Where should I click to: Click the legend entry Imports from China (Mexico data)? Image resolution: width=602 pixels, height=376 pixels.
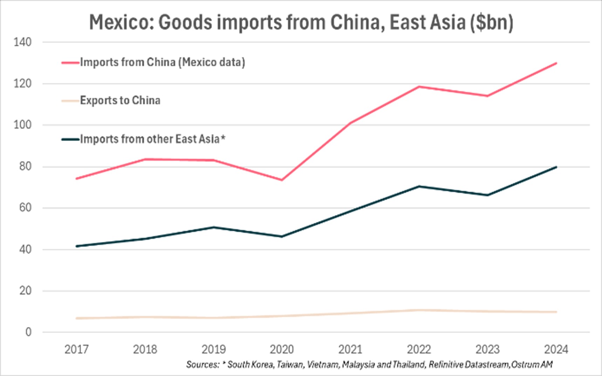(x=162, y=62)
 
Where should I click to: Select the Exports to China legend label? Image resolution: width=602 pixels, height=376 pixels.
(x=120, y=101)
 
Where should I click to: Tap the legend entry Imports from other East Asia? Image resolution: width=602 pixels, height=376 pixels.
(x=152, y=139)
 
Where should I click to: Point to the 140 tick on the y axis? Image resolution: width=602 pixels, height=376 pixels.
(x=22, y=42)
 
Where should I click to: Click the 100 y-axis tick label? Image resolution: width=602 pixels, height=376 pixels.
(x=22, y=125)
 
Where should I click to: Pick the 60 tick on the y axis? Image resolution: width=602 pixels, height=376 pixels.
(x=25, y=208)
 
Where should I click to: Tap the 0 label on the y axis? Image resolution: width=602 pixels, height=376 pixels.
(x=28, y=332)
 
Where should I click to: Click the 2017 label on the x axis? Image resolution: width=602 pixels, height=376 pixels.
(x=76, y=349)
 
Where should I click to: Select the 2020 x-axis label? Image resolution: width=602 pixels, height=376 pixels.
(x=282, y=349)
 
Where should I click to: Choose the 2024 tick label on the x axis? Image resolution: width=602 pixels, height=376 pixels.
(x=556, y=349)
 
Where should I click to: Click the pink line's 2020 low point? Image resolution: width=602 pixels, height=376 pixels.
(x=282, y=180)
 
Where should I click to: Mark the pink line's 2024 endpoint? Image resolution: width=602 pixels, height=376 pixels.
(x=556, y=63)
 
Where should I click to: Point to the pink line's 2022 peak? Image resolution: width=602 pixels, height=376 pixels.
(x=419, y=87)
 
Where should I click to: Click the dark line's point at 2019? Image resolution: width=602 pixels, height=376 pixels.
(x=214, y=227)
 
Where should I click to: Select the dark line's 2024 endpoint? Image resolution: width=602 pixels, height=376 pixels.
(x=556, y=167)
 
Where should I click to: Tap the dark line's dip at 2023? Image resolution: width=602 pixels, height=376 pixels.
(x=487, y=195)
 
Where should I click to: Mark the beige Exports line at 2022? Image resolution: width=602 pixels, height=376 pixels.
(x=419, y=310)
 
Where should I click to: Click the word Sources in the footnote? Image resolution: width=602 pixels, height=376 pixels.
(x=203, y=365)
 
